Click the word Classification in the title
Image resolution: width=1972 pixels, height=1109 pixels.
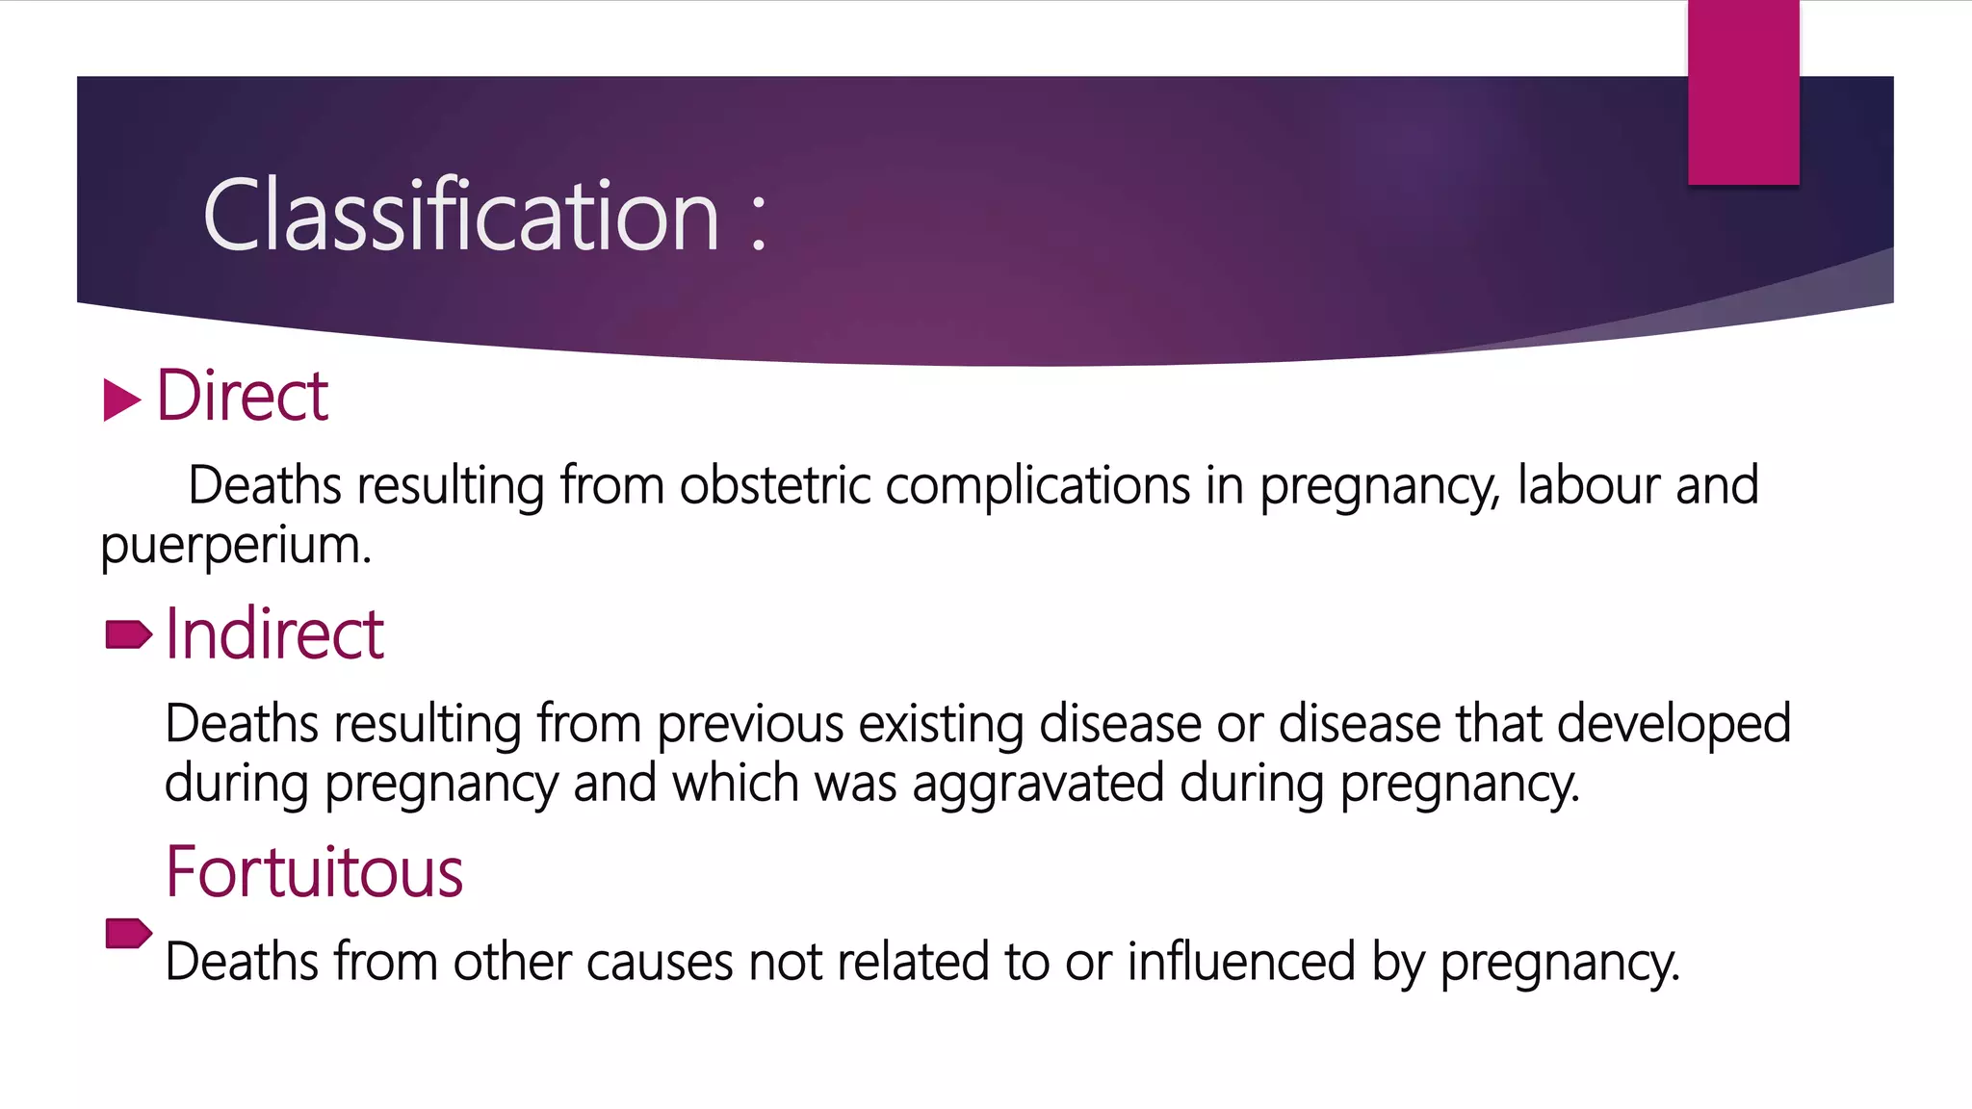(x=460, y=216)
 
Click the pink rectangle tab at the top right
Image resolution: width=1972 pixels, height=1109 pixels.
(x=1743, y=91)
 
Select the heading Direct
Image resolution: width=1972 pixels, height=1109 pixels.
(x=242, y=396)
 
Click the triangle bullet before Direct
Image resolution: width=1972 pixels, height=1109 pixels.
(x=121, y=400)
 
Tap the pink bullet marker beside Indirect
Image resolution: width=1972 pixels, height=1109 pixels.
(x=128, y=635)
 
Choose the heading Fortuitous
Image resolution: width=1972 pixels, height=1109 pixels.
(x=314, y=872)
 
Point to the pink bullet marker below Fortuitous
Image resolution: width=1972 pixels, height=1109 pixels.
(x=128, y=933)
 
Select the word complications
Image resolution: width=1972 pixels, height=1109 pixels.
(x=1037, y=485)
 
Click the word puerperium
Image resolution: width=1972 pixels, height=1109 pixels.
(x=236, y=546)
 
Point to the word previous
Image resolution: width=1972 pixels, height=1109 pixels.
(x=750, y=723)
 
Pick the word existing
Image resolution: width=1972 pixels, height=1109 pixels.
(x=941, y=725)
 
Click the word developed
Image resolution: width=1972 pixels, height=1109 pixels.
(x=1674, y=723)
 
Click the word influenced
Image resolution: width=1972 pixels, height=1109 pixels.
(x=1241, y=962)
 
